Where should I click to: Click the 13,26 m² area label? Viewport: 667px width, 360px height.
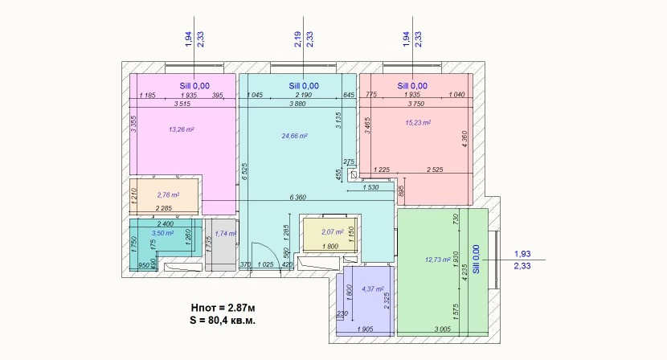182,129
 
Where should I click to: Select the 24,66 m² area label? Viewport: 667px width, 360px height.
295,136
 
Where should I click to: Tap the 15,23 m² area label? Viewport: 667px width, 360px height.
418,123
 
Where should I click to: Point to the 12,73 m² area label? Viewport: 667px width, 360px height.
438,259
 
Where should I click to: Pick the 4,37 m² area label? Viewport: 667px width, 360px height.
373,289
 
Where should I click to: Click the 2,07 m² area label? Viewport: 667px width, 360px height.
333,232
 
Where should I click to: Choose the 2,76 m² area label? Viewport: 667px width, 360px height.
168,195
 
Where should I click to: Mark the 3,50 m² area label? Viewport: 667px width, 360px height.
162,233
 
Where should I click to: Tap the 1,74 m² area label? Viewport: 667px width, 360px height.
226,233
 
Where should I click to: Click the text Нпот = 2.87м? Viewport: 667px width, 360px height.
223,308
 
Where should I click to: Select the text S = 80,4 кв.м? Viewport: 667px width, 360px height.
223,321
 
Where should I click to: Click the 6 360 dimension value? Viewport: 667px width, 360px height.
298,198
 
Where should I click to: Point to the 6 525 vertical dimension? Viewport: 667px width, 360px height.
244,172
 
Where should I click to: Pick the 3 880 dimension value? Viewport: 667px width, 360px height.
297,104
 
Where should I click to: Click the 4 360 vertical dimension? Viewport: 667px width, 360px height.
464,139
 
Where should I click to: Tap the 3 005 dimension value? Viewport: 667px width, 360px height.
443,329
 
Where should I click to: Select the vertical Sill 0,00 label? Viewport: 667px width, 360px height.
476,259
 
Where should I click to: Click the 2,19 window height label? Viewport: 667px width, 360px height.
298,39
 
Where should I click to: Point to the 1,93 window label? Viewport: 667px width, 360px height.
522,254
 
